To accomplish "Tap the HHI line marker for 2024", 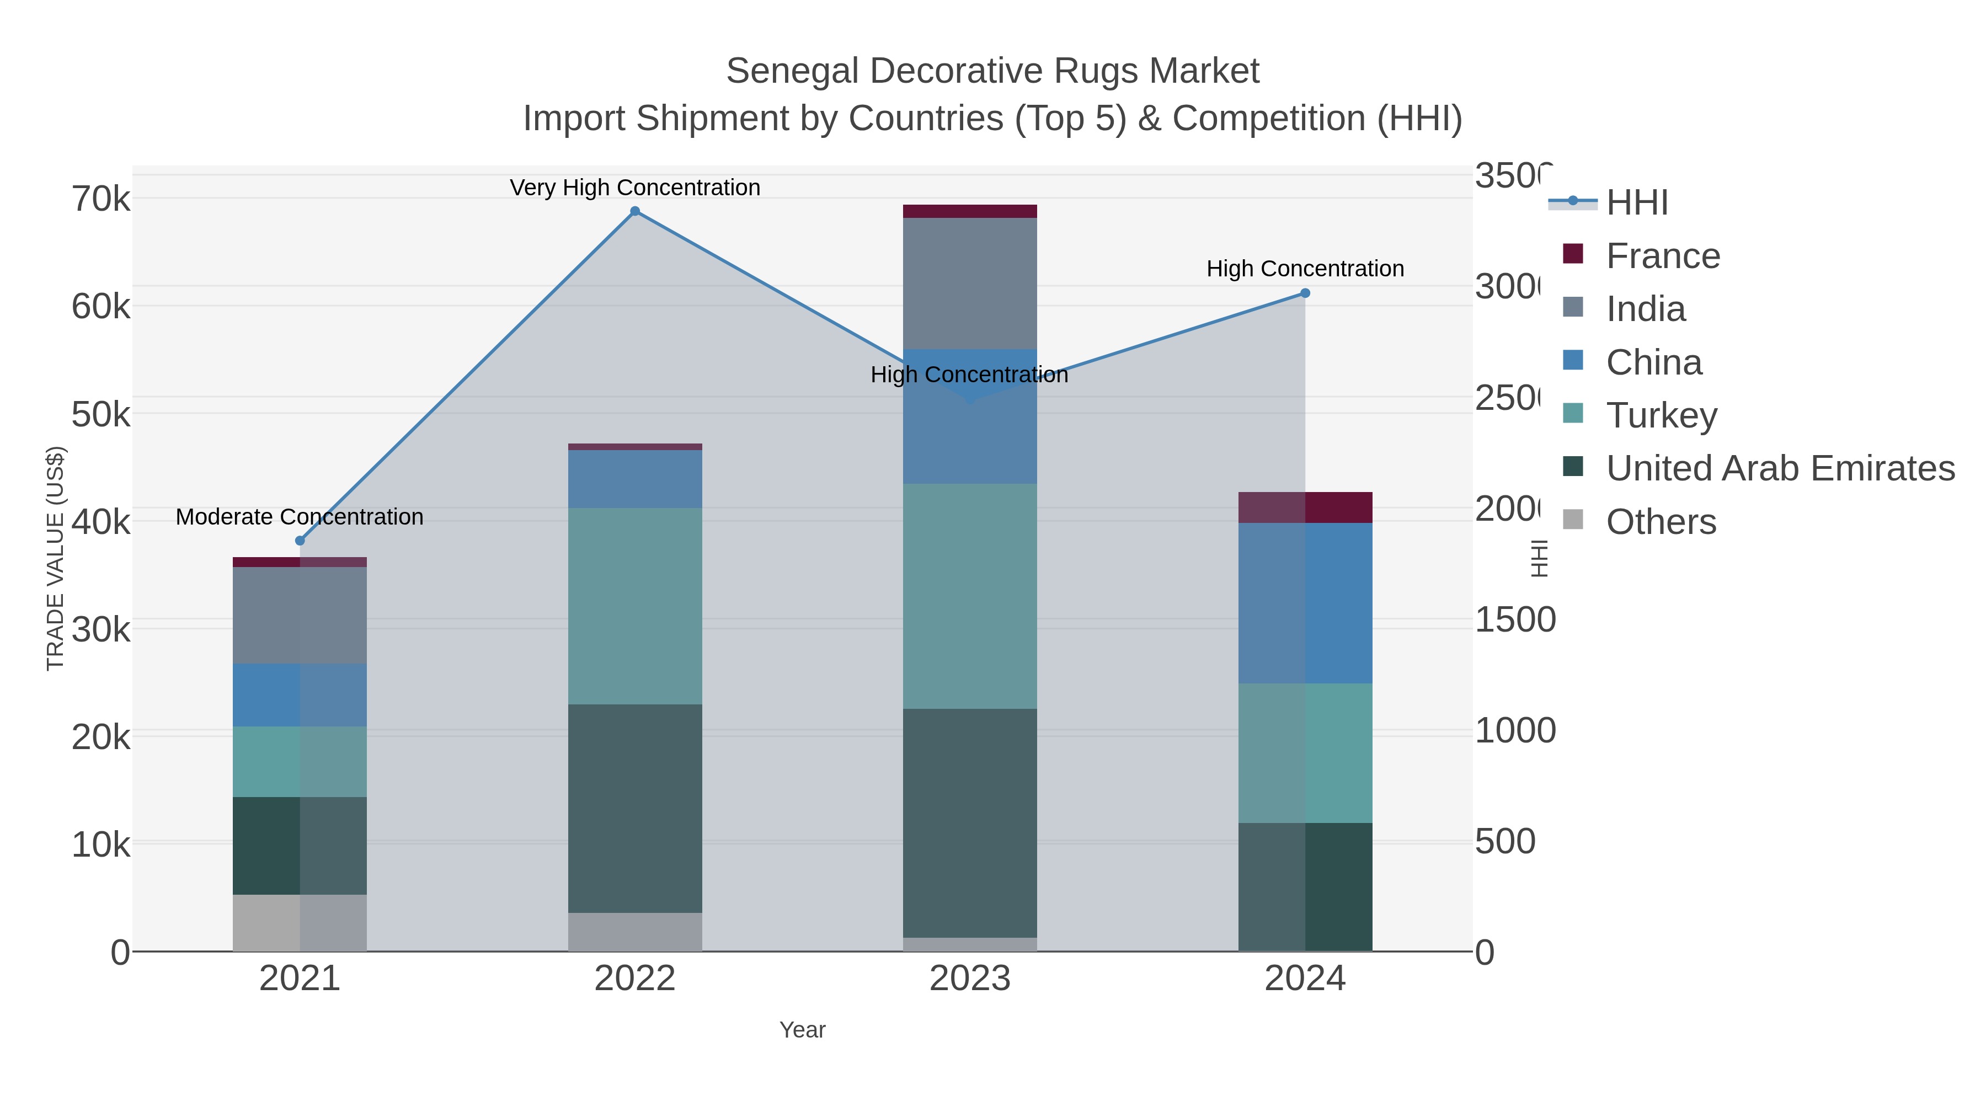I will click(x=1305, y=293).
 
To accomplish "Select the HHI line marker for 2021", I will click(x=300, y=541).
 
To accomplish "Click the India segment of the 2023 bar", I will click(x=970, y=283).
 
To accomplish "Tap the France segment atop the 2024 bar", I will click(x=1305, y=507).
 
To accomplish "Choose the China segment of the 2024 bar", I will click(x=1305, y=603).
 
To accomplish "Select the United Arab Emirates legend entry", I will click(x=1779, y=468).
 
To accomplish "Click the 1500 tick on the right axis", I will click(x=1514, y=620).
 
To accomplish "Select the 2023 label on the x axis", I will click(x=970, y=978).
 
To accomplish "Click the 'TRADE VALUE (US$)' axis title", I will click(x=56, y=558).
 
